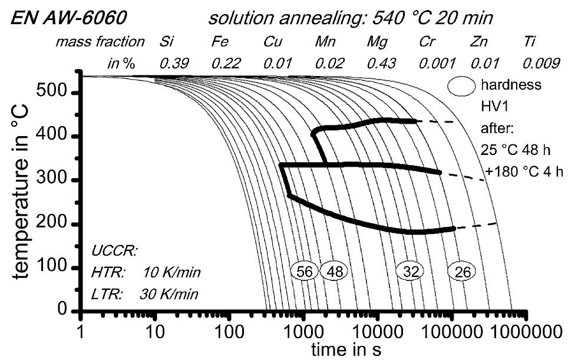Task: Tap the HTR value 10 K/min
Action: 171,272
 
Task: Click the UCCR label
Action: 114,251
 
